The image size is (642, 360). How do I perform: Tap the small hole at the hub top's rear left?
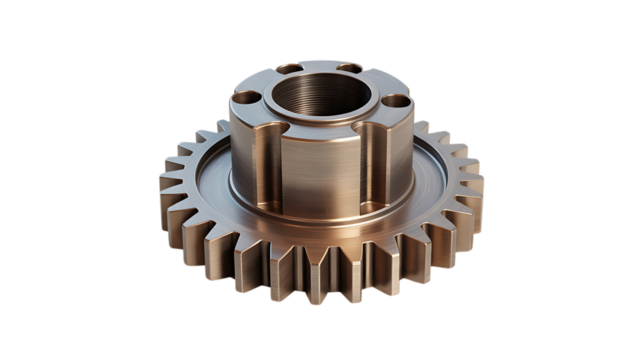point(288,68)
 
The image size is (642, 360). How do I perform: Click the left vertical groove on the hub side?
point(279,160)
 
